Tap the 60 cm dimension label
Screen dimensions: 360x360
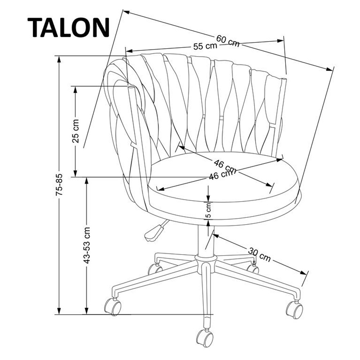point(228,41)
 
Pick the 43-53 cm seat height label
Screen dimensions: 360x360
point(87,245)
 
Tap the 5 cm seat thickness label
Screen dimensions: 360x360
point(208,211)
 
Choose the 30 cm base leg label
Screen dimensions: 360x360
point(259,254)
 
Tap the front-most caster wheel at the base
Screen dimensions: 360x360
point(205,338)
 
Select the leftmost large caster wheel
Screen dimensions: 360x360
point(113,307)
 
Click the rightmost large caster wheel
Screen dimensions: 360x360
point(294,309)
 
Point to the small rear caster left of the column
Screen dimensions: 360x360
point(155,269)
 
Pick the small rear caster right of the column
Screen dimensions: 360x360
point(253,268)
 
